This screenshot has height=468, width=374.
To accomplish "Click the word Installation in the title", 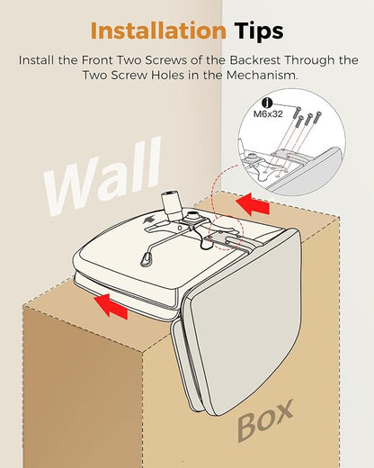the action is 158,31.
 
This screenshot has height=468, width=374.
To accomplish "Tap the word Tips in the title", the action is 259,31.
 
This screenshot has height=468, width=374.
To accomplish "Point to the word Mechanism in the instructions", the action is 263,75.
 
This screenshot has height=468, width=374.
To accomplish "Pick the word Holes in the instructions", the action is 167,75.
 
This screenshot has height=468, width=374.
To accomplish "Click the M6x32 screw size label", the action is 268,114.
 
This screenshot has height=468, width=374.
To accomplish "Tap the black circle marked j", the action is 267,103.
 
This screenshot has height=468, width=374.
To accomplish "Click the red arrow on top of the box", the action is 253,204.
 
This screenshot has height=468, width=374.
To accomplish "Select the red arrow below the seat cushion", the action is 111,306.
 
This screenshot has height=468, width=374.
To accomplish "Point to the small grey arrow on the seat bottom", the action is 149,220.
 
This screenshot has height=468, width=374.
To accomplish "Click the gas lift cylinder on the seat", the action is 172,205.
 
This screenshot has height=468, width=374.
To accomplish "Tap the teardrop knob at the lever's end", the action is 146,259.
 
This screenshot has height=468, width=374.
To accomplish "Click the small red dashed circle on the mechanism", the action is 227,232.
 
